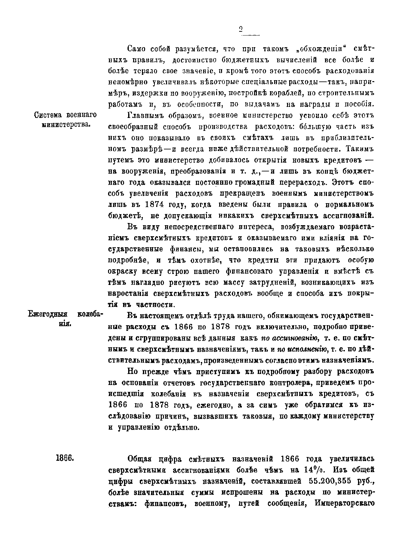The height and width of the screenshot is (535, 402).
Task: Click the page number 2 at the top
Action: click(241, 29)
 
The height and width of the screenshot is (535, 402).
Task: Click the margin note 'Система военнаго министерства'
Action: click(65, 120)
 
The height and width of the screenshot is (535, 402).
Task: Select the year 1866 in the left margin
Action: click(65, 458)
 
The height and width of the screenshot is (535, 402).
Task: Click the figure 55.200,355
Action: click(333, 481)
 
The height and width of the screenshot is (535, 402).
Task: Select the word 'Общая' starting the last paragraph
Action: click(139, 459)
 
